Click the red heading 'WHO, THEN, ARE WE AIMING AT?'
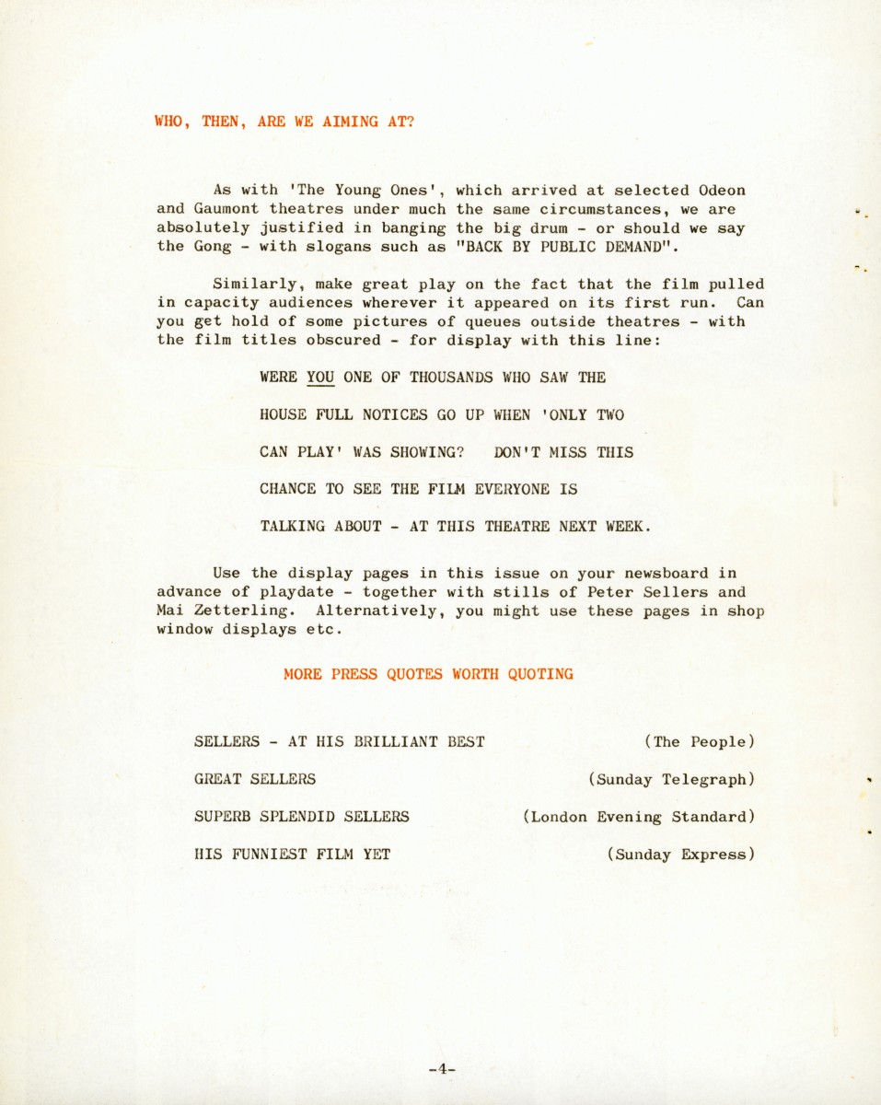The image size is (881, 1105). [284, 121]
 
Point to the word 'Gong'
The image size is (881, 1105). [213, 247]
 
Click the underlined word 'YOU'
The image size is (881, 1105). [320, 378]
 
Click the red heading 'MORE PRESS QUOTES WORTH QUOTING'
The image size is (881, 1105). [428, 674]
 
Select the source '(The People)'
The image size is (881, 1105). [700, 742]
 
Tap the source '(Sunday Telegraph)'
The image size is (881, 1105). [671, 780]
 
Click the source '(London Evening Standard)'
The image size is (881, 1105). [638, 817]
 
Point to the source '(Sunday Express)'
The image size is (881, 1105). [680, 855]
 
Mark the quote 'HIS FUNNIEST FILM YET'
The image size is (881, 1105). [292, 855]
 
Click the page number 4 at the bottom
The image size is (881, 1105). [442, 1069]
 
